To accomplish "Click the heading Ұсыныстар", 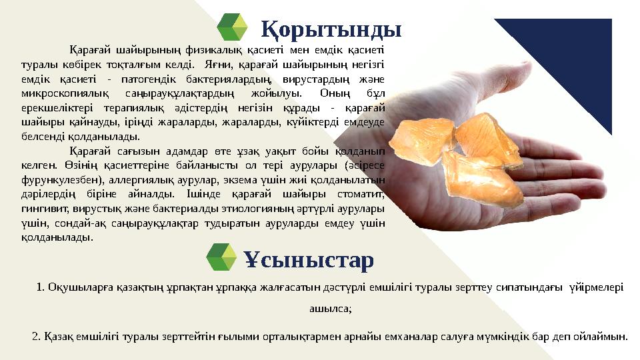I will (308, 259).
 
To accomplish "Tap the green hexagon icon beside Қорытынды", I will (233, 29).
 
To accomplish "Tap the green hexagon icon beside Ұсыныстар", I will (222, 259).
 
